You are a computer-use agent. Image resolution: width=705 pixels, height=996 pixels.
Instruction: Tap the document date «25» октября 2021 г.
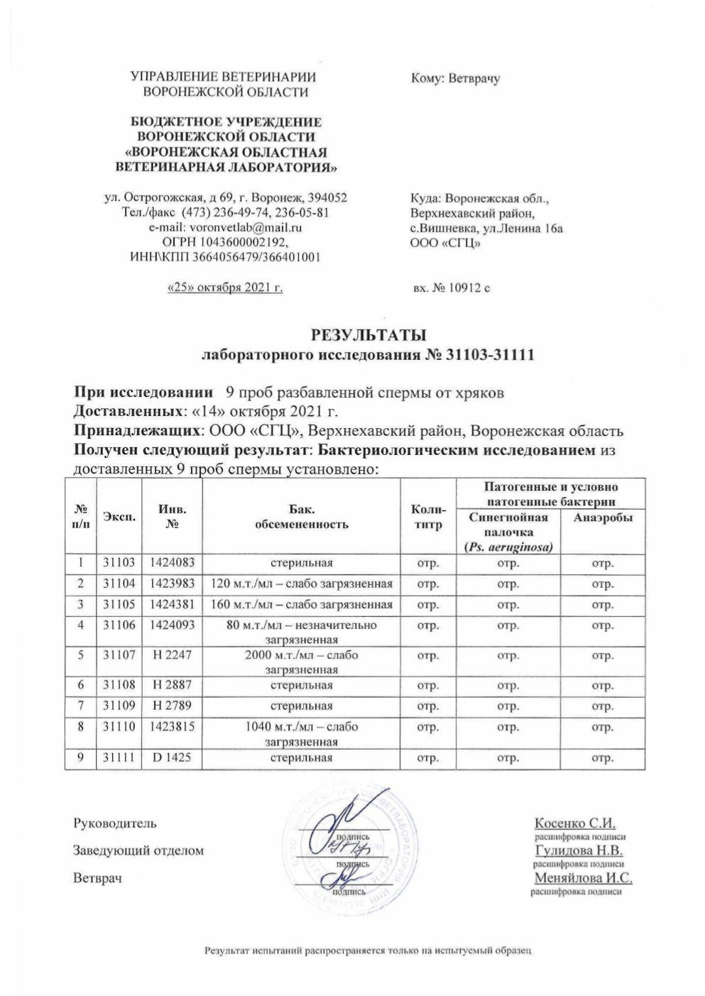tap(224, 288)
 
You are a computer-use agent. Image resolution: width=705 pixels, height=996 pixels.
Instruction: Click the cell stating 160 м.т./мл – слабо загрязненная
tap(302, 605)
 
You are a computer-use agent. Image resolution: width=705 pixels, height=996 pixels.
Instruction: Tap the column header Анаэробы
tap(602, 518)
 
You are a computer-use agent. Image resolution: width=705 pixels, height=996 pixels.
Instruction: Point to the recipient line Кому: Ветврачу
tap(455, 79)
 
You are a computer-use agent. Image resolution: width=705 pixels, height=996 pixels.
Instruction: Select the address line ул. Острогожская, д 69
tap(225, 197)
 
